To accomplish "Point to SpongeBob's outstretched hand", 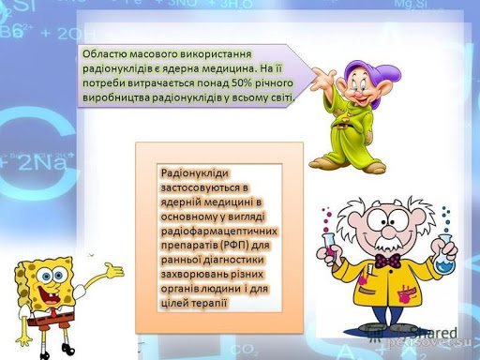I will coord(113,273).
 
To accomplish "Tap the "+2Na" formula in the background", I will coord(37,161).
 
